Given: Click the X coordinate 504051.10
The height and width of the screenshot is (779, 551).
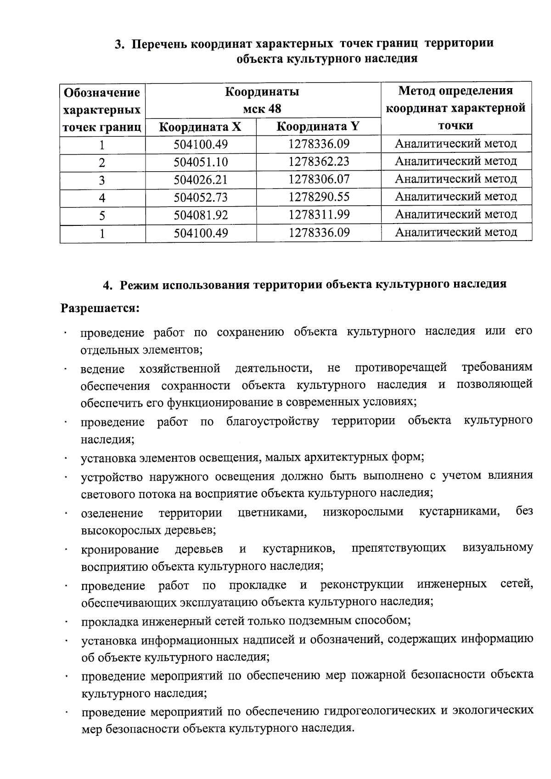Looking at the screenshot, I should (201, 162).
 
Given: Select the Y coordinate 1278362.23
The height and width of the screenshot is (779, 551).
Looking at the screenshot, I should (319, 162).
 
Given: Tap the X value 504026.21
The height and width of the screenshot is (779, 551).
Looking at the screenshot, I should (201, 180).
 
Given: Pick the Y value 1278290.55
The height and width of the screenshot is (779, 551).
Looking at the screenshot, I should (319, 197).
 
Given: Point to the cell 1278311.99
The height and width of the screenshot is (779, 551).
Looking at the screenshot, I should (319, 214).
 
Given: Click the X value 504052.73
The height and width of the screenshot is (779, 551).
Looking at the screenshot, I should (201, 197).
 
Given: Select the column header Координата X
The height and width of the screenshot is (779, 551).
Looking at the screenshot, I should (200, 127).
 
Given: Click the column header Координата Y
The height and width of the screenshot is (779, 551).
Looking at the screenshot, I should (318, 127).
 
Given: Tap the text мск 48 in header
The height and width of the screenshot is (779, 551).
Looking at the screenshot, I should (262, 109).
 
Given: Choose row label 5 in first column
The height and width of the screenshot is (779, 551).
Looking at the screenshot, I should (102, 215).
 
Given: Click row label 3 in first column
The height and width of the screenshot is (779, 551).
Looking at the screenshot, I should (102, 180).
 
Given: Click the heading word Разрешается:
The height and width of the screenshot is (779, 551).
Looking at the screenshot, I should (100, 308).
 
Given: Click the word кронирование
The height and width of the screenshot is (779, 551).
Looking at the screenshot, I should (120, 549).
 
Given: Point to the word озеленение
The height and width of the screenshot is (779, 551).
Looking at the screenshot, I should (112, 513).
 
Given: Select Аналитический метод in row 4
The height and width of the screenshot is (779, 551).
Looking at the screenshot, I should (456, 196).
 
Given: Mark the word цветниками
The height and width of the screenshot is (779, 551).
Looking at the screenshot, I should (272, 512).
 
